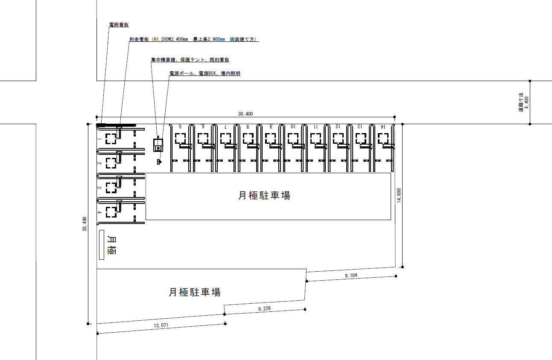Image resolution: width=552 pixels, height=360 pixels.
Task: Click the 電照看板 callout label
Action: click(x=119, y=25)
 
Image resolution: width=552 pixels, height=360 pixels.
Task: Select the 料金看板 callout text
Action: click(x=194, y=39)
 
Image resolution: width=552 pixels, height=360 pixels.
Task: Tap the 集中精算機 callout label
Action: click(x=190, y=60)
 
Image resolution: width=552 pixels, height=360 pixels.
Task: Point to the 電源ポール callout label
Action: click(x=204, y=73)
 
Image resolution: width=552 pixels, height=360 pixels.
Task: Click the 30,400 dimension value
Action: click(x=245, y=114)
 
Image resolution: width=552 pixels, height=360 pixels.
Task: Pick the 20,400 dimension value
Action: click(x=85, y=224)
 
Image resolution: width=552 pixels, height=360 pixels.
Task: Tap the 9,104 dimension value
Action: click(x=351, y=276)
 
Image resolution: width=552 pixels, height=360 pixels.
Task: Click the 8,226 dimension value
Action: click(x=264, y=308)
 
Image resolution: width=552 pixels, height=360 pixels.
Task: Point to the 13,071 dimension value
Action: click(x=161, y=325)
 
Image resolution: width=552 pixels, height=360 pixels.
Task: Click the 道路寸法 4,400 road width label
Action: click(x=523, y=102)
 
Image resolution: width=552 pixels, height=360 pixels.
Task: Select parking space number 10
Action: click(x=292, y=127)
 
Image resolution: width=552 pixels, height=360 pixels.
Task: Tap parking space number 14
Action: click(x=383, y=127)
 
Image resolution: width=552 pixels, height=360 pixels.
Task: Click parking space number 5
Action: click(x=180, y=127)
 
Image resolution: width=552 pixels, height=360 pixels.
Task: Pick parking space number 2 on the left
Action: click(x=99, y=163)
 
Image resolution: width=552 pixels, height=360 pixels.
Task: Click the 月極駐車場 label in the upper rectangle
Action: click(x=264, y=195)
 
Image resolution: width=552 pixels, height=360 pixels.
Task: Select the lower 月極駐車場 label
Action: click(x=194, y=292)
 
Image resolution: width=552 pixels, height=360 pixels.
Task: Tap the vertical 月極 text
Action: click(x=112, y=244)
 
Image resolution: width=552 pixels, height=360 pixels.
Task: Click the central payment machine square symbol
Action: click(x=158, y=145)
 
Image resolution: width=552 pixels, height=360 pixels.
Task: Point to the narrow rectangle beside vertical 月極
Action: click(x=102, y=244)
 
